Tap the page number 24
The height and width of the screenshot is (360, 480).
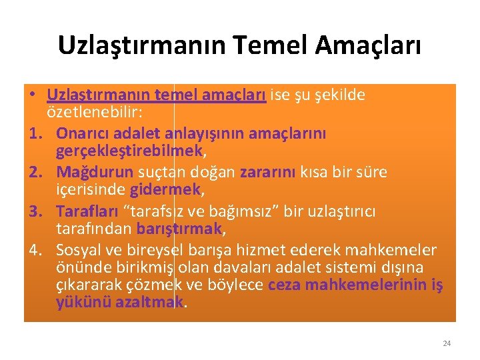447,343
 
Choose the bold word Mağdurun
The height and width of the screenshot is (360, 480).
95,173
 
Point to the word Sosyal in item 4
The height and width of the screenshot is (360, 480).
79,251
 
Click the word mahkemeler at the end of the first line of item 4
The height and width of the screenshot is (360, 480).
399,251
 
